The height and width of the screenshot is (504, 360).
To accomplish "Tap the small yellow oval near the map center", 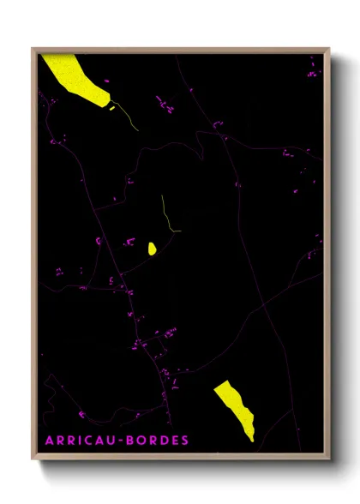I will pos(152,249).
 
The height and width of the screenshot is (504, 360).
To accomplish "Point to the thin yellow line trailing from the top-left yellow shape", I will pos(128,117).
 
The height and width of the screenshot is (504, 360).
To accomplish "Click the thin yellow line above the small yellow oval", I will pos(166,214).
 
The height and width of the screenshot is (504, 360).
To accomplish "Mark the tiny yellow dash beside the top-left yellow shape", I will pos(111,107).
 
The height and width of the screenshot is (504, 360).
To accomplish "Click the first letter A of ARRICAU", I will pos(48,441).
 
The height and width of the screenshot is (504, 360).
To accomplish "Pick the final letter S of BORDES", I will pos(185,441).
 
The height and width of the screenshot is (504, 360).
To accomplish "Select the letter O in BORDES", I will pos(142,441).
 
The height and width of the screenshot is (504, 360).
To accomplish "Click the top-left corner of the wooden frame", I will pos(33,49).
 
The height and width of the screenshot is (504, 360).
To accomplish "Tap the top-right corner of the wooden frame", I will pos(329,49).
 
